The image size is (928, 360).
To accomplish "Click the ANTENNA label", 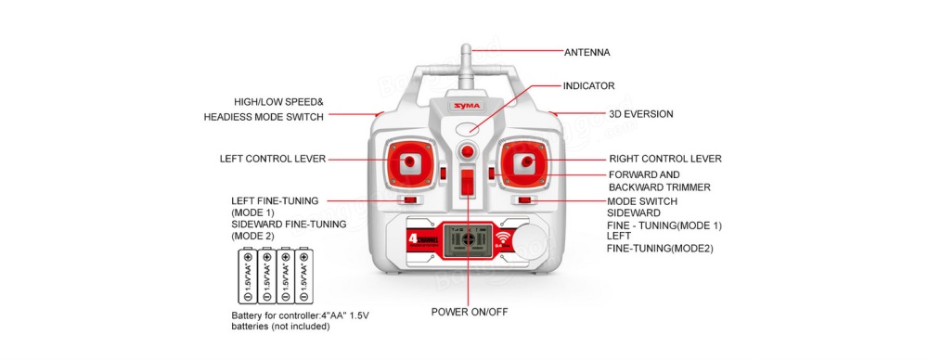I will tap(587, 52).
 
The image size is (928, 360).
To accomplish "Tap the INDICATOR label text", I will tap(589, 85).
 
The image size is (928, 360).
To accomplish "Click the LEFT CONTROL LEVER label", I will tap(273, 159).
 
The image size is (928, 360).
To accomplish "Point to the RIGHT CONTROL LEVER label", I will tap(664, 159).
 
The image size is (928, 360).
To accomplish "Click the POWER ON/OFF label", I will tap(470, 312).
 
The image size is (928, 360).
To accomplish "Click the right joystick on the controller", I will tap(526, 164).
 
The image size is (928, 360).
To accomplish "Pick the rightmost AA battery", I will tap(303, 276).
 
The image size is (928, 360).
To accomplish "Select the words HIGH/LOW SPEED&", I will tap(278, 101).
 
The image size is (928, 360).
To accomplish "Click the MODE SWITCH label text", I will tap(642, 201).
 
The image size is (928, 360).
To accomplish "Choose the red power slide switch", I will tap(468, 181).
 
